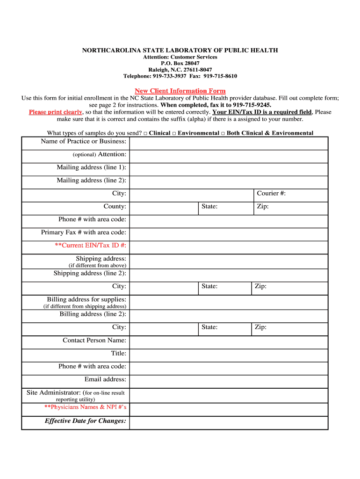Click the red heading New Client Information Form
(x=180, y=91)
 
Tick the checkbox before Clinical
(x=145, y=133)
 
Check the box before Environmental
(x=174, y=133)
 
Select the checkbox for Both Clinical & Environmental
(x=223, y=133)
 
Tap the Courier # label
(x=271, y=193)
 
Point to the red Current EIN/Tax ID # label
(x=90, y=246)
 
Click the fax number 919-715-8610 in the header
(x=220, y=76)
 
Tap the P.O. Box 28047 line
(x=180, y=63)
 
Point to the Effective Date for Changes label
(x=85, y=421)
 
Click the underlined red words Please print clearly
(x=56, y=112)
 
